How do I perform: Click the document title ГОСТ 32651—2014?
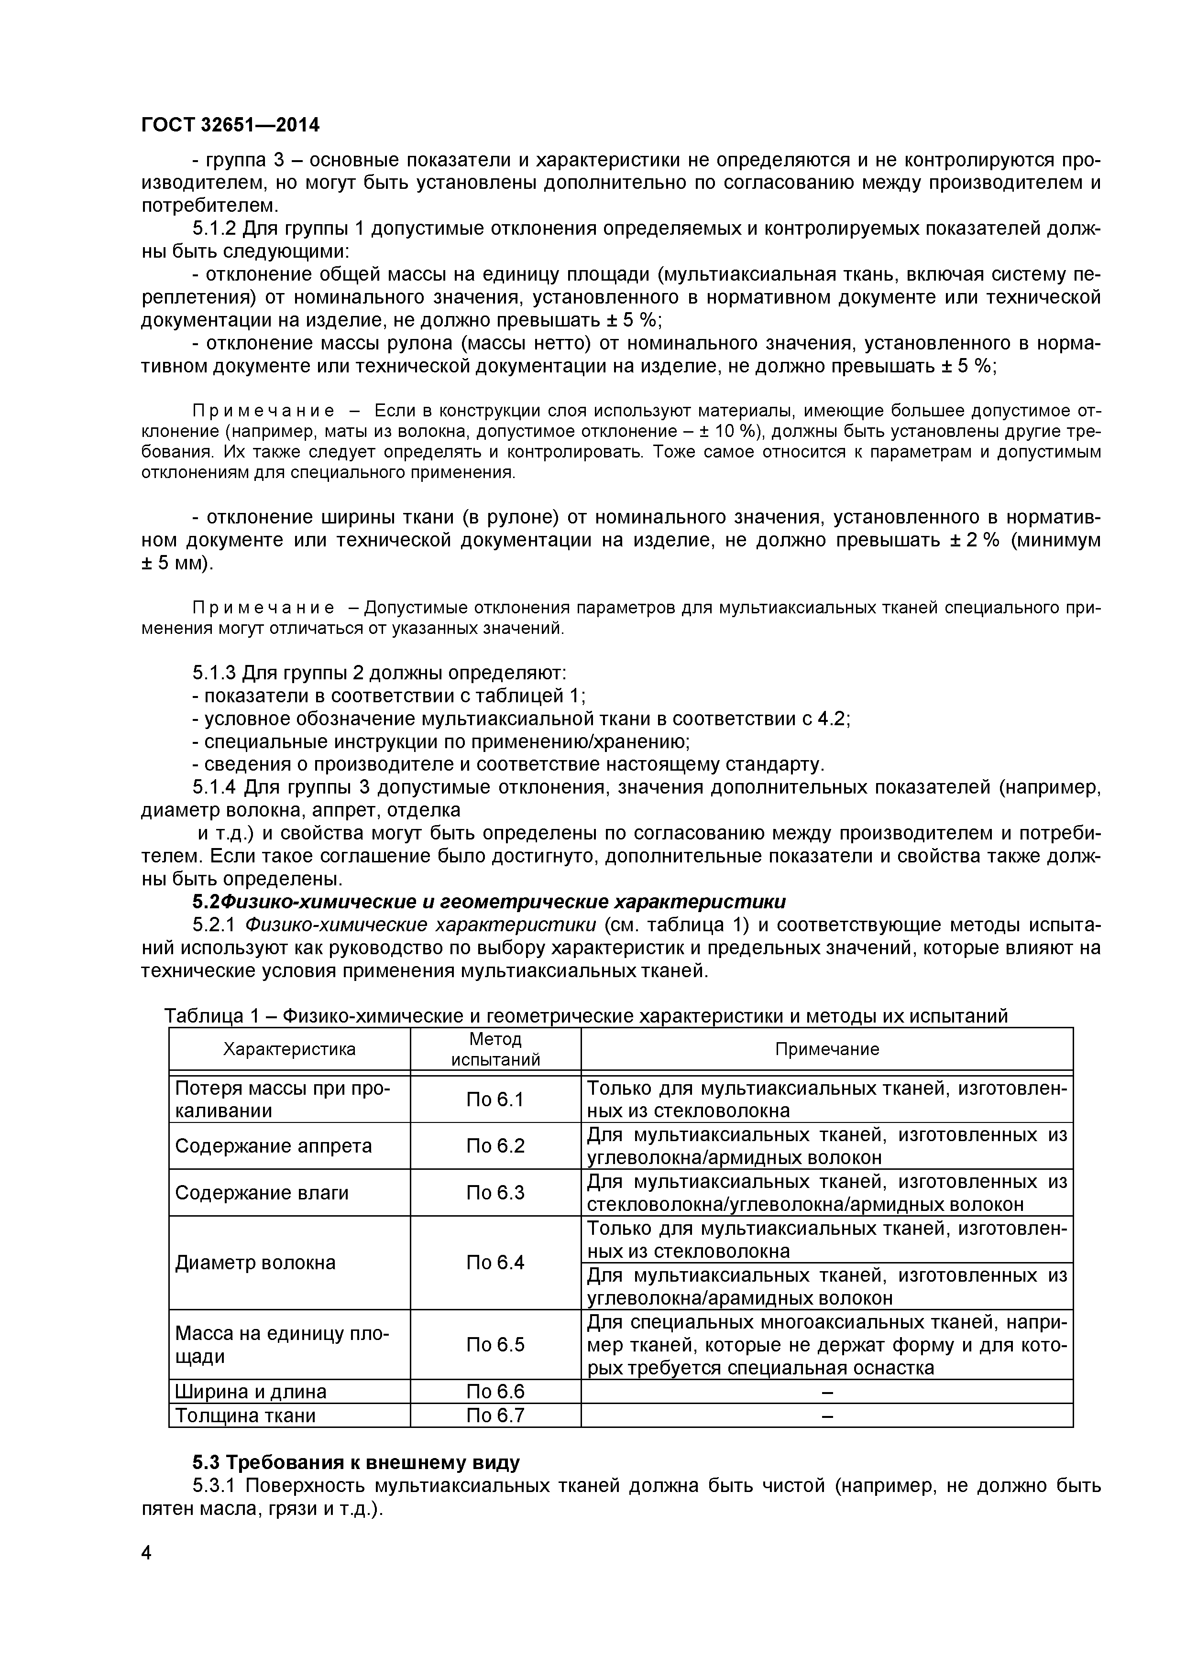tap(230, 125)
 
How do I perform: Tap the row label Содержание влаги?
tap(262, 1193)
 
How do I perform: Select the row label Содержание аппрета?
tap(273, 1145)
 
